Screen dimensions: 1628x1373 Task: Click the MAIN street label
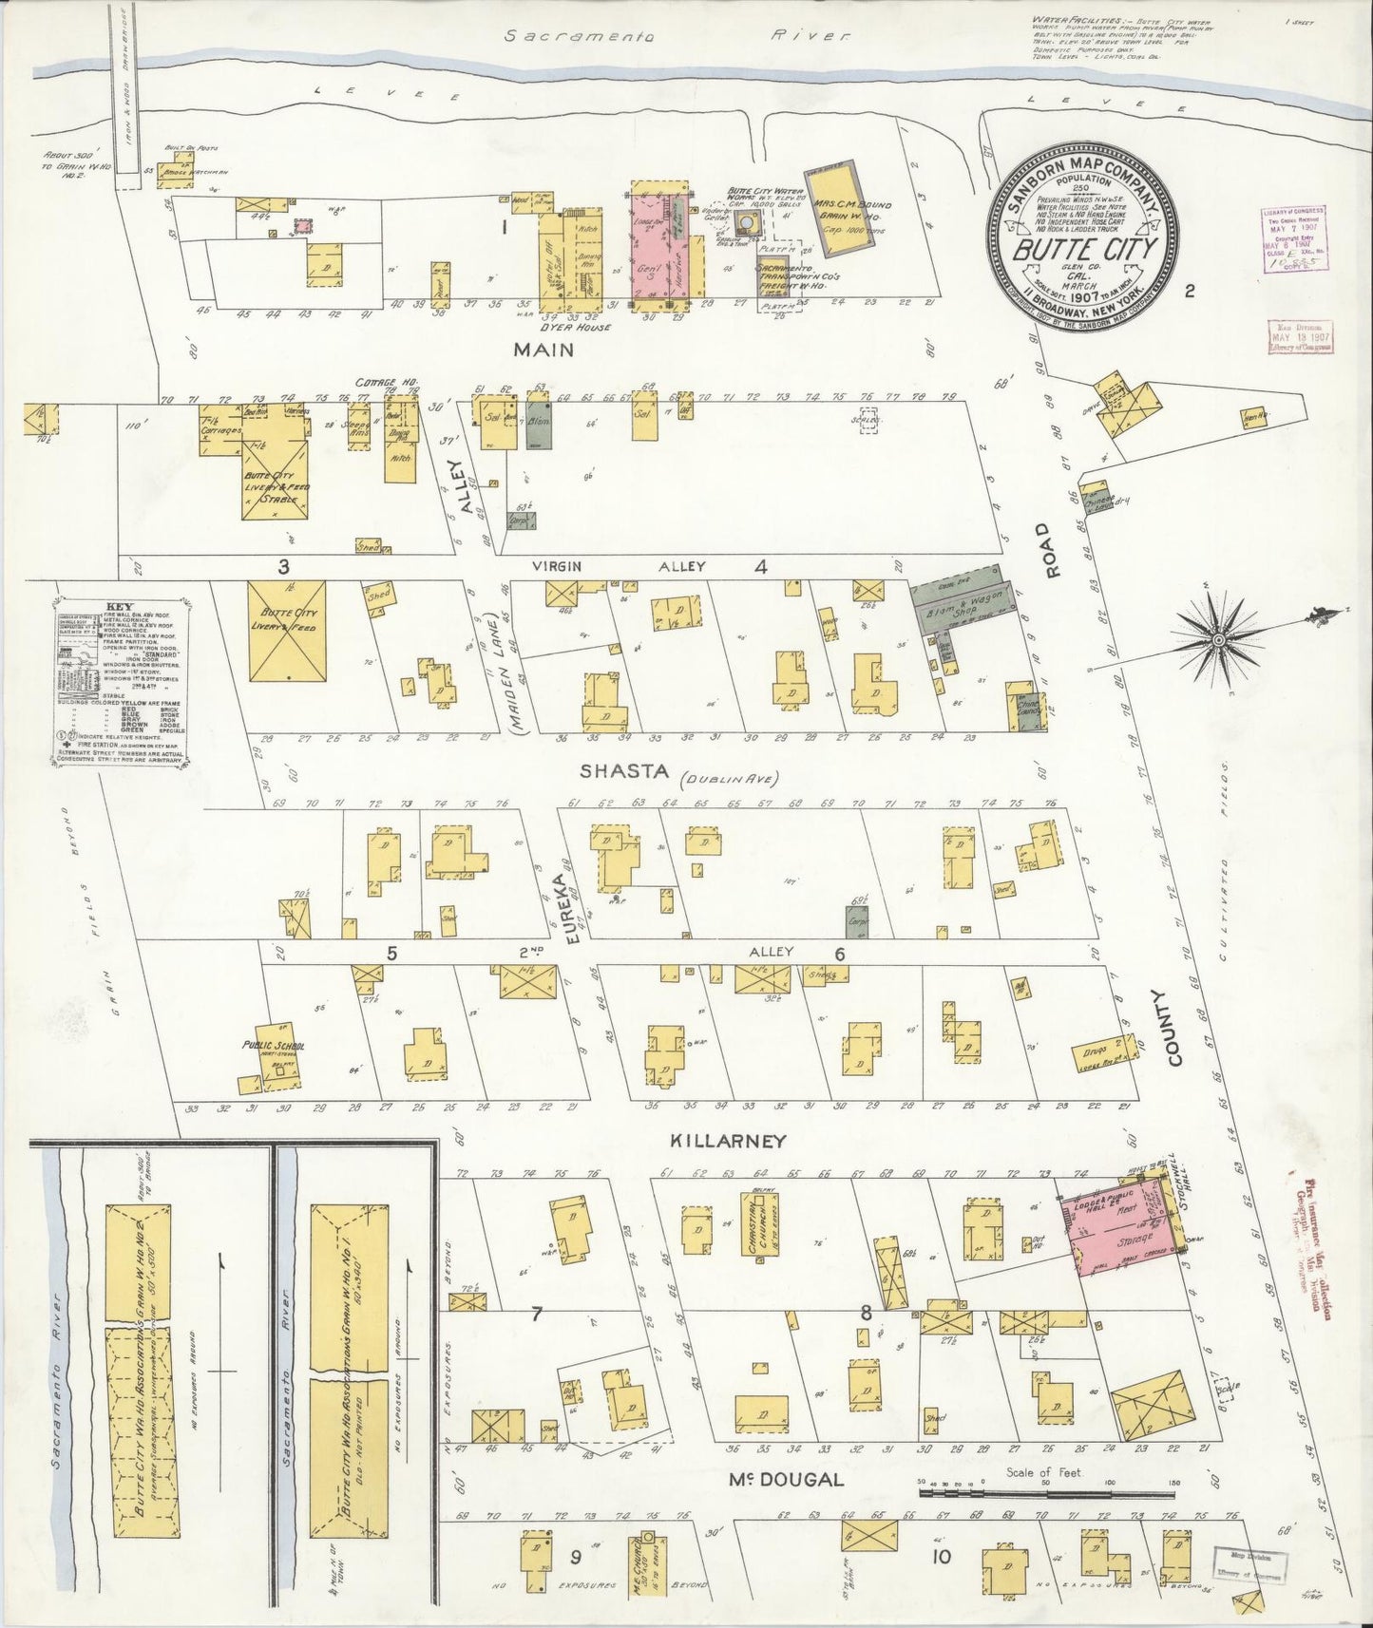543,350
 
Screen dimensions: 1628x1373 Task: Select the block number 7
537,1314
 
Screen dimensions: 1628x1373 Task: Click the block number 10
941,1556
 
